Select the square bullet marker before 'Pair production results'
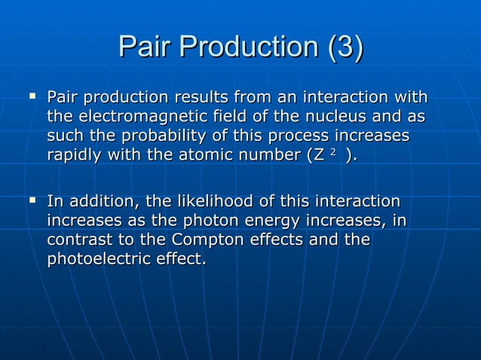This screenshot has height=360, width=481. (32, 97)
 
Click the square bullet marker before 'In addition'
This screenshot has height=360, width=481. (32, 201)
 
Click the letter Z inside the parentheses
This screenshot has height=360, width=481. (320, 155)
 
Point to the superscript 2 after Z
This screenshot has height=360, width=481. (333, 152)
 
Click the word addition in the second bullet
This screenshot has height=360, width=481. (94, 203)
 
